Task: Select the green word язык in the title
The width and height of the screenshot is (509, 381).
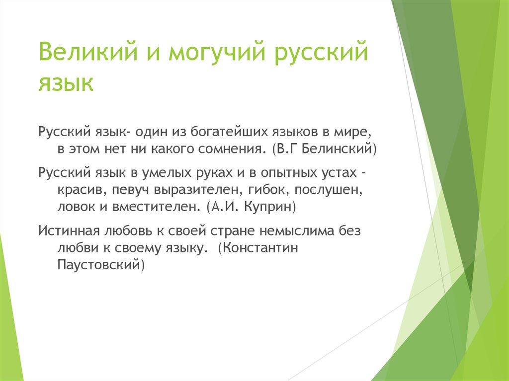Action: click(66, 82)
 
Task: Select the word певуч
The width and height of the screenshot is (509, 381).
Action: click(131, 190)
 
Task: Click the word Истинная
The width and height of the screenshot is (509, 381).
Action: click(69, 231)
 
